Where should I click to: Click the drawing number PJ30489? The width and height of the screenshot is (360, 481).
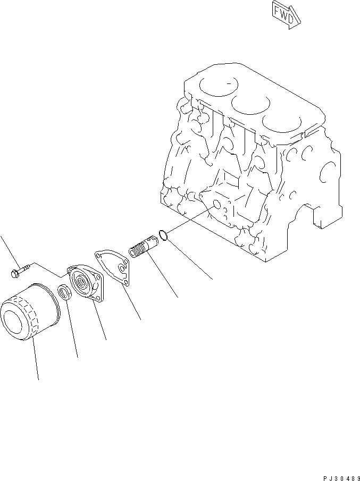tap(340, 476)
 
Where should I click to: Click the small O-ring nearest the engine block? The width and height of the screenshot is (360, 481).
tap(165, 234)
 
